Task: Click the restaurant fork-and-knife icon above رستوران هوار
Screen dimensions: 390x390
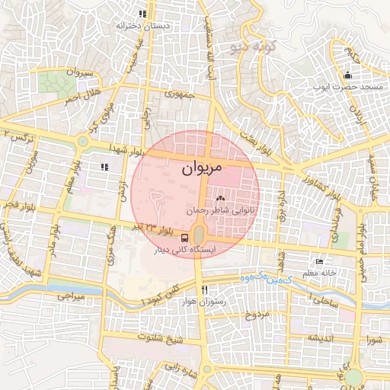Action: [204, 290]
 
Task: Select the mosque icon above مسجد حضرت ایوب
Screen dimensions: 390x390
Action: [348, 75]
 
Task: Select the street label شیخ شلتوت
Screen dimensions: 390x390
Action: [161, 336]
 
